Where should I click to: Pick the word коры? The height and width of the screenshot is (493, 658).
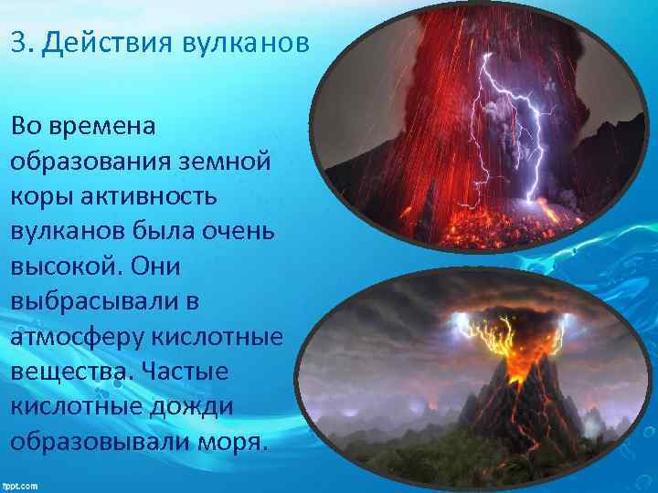[38, 196]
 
